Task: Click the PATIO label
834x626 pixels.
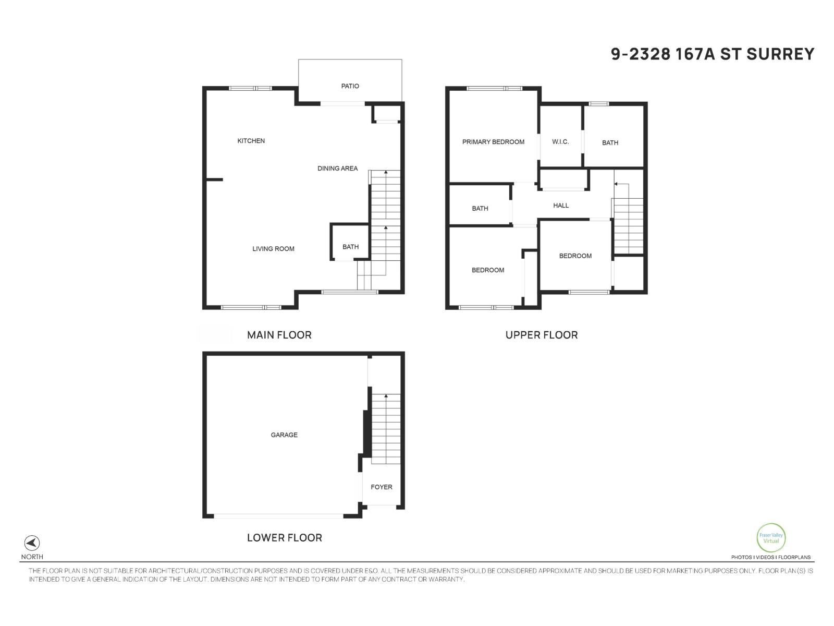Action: [350, 86]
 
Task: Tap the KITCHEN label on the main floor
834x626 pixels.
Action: [251, 141]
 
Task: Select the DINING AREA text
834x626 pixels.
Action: [337, 168]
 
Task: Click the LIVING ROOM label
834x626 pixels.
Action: [273, 249]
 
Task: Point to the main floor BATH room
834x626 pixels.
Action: [350, 247]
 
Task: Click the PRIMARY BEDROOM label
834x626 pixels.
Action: [493, 142]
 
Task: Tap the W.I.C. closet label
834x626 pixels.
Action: [560, 142]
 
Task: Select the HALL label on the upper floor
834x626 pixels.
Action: [561, 206]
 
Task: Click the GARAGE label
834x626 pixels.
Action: [284, 435]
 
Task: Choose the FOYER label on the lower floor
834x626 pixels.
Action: [381, 487]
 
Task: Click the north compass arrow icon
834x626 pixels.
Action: [32, 543]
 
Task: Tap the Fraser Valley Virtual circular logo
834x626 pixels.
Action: [771, 538]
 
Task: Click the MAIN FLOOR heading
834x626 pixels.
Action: [279, 335]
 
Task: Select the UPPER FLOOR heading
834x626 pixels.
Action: [542, 335]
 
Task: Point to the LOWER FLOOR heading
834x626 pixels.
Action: [284, 537]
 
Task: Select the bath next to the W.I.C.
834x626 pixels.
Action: [610, 142]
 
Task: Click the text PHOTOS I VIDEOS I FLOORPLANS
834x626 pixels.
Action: [770, 557]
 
